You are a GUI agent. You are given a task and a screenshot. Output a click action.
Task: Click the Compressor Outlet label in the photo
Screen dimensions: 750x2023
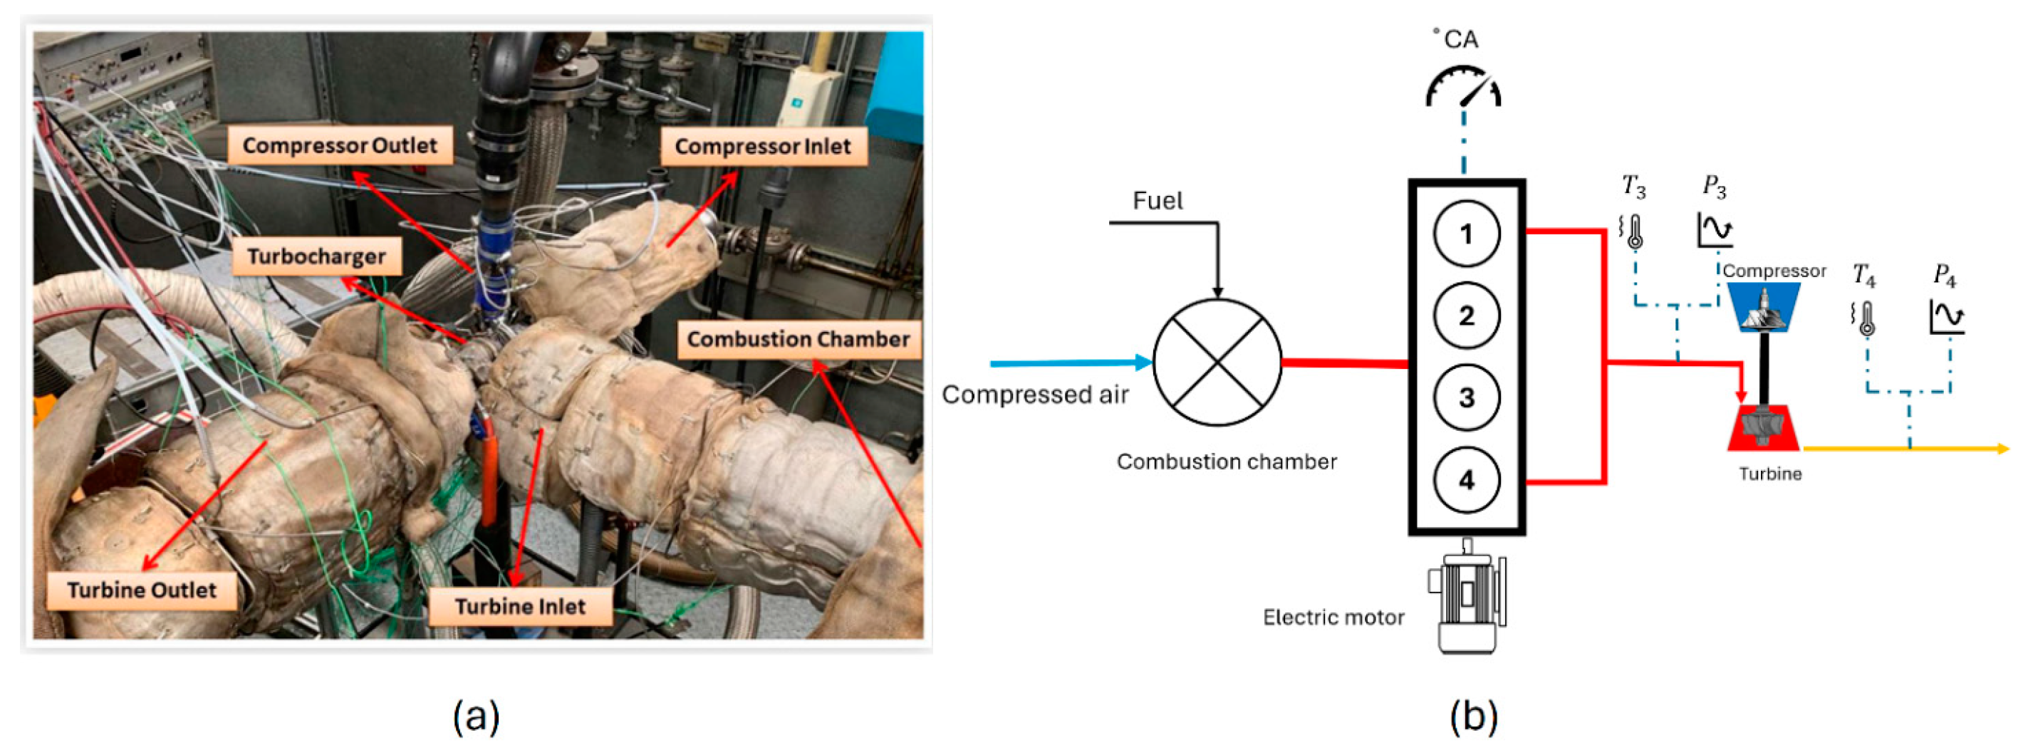(339, 145)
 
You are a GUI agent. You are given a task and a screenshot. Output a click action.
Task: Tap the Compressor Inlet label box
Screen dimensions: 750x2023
(763, 147)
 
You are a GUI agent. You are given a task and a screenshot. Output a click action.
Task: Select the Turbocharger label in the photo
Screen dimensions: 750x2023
(316, 257)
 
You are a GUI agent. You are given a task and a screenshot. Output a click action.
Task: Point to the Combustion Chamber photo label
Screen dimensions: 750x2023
(798, 339)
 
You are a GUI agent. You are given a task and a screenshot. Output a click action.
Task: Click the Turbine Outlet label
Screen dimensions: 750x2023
(141, 590)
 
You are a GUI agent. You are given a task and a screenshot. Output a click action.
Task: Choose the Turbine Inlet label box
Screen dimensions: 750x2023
(520, 606)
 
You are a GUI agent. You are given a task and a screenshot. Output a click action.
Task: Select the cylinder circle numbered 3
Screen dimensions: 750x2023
(1465, 397)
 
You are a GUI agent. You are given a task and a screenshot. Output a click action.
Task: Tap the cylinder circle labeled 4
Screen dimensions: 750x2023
(1465, 479)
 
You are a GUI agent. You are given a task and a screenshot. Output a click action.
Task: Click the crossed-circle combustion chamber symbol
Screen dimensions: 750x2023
(1217, 362)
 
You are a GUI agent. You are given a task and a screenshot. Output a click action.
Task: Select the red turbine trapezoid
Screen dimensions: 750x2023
(1763, 429)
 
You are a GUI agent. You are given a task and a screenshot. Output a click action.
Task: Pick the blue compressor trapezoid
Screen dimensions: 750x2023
(1764, 307)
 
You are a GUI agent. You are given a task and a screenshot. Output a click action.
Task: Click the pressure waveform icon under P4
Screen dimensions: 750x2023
(1947, 316)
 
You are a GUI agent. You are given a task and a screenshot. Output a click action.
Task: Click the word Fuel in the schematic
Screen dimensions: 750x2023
(1157, 201)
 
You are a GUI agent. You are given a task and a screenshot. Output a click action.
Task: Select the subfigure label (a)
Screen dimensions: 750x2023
(476, 715)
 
